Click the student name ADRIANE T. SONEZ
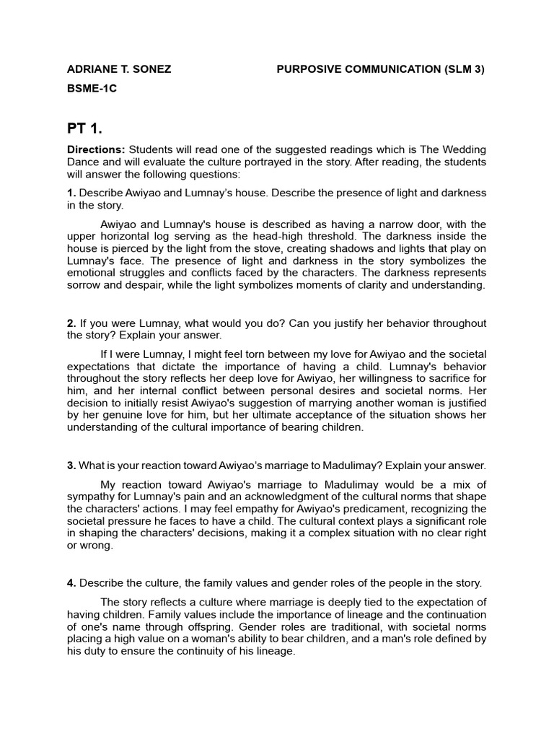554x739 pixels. pyautogui.click(x=118, y=69)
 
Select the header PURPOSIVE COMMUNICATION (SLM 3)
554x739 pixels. pyautogui.click(x=381, y=69)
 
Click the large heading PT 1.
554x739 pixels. pyautogui.click(x=84, y=129)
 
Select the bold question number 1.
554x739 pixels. pyautogui.click(x=71, y=193)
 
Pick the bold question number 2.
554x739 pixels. pyautogui.click(x=71, y=323)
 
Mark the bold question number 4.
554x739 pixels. pyautogui.click(x=71, y=583)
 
